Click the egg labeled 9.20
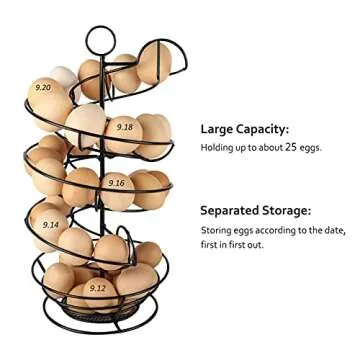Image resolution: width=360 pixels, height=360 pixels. (x=47, y=98)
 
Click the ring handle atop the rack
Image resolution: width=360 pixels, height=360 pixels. (x=100, y=40)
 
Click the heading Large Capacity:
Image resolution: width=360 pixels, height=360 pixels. (x=244, y=129)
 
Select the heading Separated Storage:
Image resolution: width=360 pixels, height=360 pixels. (x=254, y=211)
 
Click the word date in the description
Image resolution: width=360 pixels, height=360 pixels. (x=332, y=230)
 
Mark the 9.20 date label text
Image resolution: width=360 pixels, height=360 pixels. (x=41, y=88)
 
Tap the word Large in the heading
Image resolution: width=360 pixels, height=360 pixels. (x=216, y=129)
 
